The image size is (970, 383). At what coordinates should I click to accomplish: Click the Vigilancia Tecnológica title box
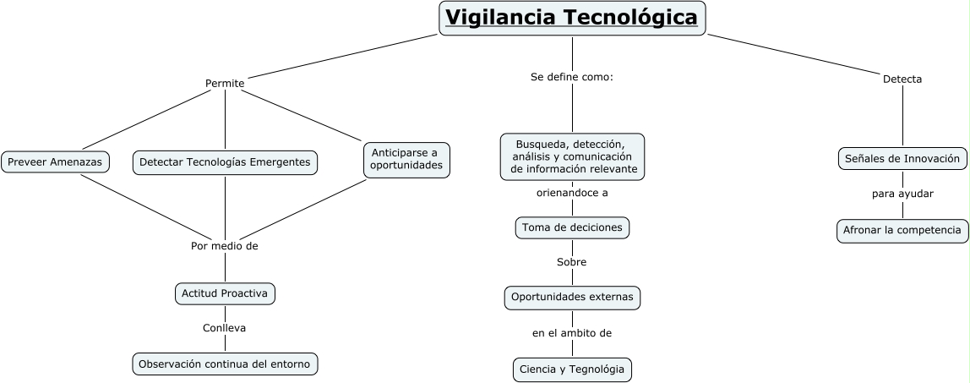pyautogui.click(x=572, y=18)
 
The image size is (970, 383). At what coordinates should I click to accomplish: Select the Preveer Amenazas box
pyautogui.click(x=55, y=161)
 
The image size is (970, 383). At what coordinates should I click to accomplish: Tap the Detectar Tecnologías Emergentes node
pyautogui.click(x=225, y=161)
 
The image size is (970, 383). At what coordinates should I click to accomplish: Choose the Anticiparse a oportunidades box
pyautogui.click(x=406, y=159)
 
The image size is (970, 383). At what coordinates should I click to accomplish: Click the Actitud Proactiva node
pyautogui.click(x=225, y=293)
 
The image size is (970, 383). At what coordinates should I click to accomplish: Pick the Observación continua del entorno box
pyautogui.click(x=225, y=364)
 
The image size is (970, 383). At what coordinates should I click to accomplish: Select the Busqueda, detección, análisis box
pyautogui.click(x=572, y=156)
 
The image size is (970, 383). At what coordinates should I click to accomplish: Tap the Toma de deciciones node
pyautogui.click(x=572, y=227)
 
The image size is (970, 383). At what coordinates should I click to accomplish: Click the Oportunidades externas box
pyautogui.click(x=572, y=298)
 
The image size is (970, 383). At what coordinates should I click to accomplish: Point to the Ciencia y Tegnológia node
pyautogui.click(x=572, y=369)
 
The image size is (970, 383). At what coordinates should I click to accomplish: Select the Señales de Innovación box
pyautogui.click(x=902, y=158)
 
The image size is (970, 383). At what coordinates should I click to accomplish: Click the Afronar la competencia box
pyautogui.click(x=902, y=230)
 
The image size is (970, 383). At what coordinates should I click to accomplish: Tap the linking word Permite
pyautogui.click(x=225, y=83)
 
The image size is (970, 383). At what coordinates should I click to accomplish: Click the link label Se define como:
pyautogui.click(x=571, y=77)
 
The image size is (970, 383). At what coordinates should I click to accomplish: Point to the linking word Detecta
pyautogui.click(x=902, y=79)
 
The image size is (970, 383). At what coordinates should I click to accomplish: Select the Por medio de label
pyautogui.click(x=224, y=246)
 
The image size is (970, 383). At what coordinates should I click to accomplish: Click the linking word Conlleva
pyautogui.click(x=224, y=327)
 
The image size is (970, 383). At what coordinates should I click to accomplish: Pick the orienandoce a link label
pyautogui.click(x=572, y=193)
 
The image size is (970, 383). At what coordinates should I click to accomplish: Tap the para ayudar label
pyautogui.click(x=902, y=194)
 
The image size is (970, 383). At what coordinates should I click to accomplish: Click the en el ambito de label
pyautogui.click(x=571, y=333)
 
